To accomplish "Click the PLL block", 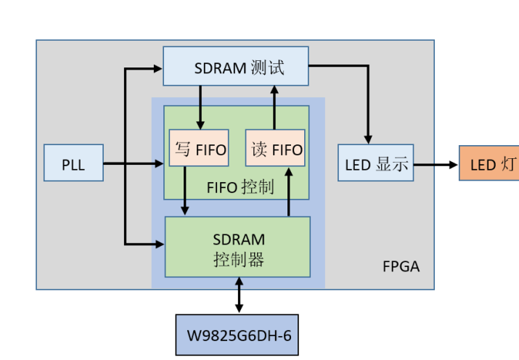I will [x=73, y=163].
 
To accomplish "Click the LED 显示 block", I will [x=375, y=163].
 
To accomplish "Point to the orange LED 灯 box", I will [x=489, y=163].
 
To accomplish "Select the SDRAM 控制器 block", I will [x=238, y=247].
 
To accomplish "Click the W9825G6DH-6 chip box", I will [x=237, y=335].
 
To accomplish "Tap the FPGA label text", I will [x=401, y=266].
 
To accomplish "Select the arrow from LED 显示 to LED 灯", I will [x=436, y=163].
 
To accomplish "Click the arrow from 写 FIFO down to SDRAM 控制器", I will [x=186, y=191].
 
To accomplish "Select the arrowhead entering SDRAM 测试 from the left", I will [x=158, y=69].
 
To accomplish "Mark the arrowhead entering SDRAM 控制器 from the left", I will [x=160, y=243].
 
